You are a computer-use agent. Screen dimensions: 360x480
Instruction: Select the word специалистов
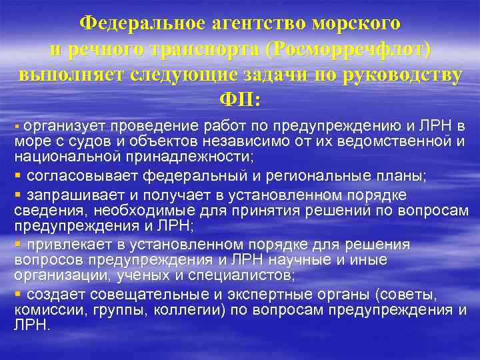tap(220, 275)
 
